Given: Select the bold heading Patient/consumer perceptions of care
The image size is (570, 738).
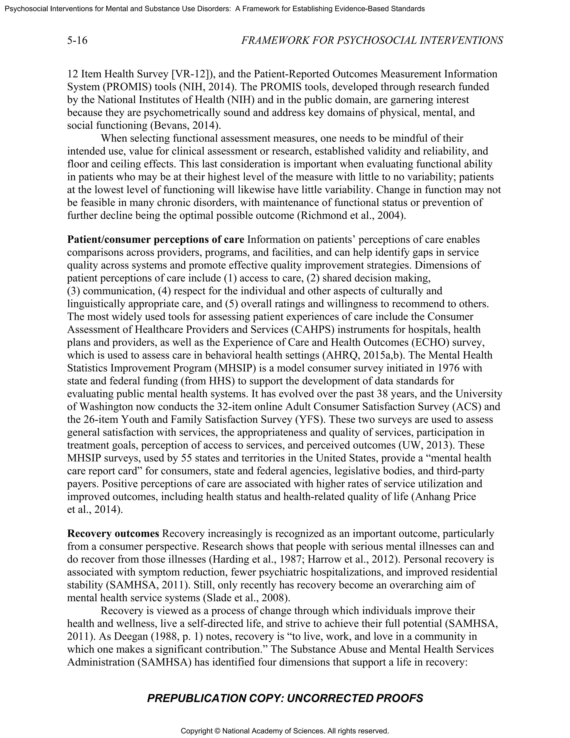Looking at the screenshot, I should point(156,240).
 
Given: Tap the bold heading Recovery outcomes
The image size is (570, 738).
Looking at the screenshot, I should point(113,534).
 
